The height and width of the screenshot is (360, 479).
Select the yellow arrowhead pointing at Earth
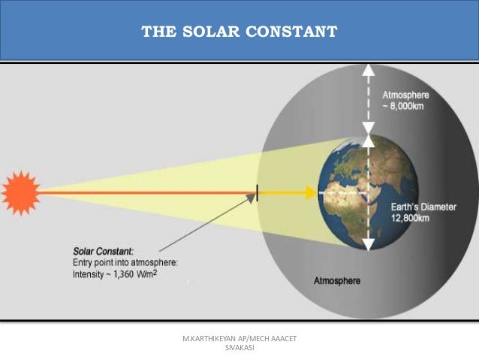310,192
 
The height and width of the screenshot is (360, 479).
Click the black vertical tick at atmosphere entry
258,192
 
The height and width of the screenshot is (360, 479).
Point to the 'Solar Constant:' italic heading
104,250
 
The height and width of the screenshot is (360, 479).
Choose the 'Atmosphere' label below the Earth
336,281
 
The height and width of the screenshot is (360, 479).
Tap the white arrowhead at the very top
368,71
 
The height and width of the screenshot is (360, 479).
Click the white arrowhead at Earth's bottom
368,244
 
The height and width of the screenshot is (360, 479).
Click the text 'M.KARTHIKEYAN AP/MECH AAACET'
239,340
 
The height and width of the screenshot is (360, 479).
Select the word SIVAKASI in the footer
239,349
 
